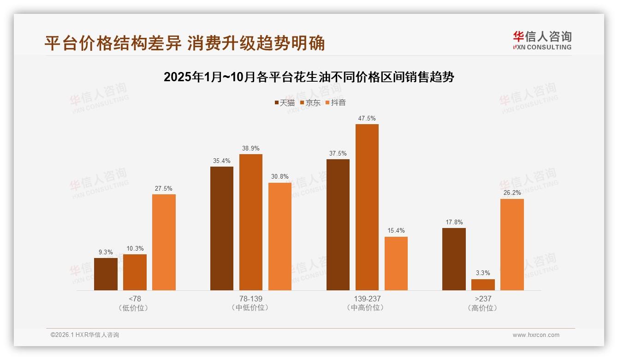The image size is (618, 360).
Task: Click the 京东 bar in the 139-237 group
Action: point(367,207)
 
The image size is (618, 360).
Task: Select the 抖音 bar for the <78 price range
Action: point(164,242)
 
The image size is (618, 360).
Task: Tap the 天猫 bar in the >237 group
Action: point(454,259)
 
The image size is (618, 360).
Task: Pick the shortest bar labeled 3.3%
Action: point(483,285)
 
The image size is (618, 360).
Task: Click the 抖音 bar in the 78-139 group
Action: point(280,236)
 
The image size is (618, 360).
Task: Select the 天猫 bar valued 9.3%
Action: point(106,274)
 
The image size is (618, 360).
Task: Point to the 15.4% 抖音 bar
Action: point(396,264)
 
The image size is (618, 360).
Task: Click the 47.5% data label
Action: point(367,119)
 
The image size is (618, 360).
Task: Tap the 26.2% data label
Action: point(512,193)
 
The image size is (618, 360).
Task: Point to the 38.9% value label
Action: point(250,149)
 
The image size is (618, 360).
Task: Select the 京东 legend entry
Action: point(310,103)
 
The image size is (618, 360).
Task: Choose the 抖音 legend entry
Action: point(335,103)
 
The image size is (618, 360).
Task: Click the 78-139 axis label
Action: point(250,299)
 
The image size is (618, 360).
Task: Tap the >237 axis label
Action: point(483,299)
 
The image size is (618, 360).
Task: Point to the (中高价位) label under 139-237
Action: point(367,308)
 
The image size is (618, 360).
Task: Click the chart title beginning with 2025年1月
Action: point(309,77)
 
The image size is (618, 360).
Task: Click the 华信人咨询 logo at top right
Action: point(542,41)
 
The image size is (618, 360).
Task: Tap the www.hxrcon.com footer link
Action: point(536,335)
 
